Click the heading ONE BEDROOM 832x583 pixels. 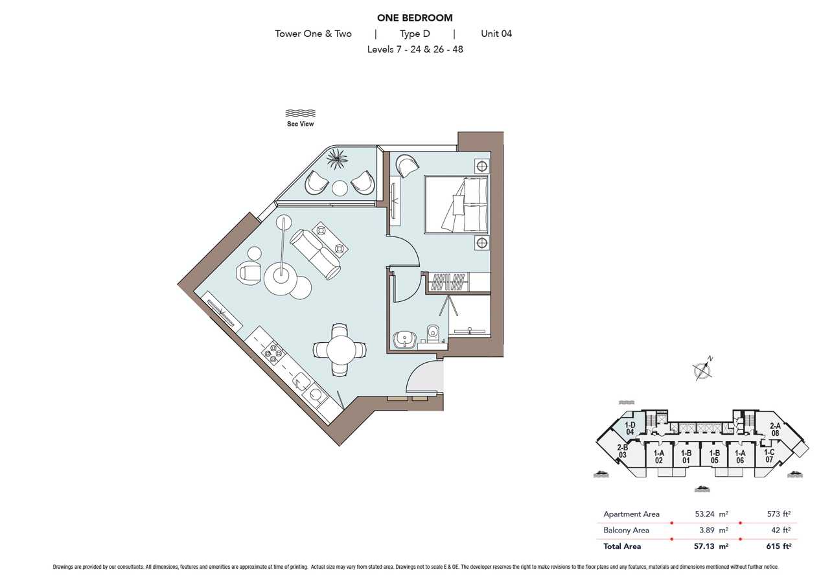point(415,18)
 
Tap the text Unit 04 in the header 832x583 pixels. point(496,34)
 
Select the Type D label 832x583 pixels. point(415,34)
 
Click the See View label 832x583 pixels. point(300,124)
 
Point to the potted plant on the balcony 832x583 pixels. point(337,159)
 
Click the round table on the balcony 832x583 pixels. point(340,188)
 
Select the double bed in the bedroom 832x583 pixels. point(456,205)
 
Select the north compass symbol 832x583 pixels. point(702,370)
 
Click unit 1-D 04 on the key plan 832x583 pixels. point(630,428)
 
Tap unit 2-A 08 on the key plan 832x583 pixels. point(775,429)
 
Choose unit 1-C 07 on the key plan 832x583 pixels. point(769,455)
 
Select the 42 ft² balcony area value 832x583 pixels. point(781,531)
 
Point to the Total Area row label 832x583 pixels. point(622,546)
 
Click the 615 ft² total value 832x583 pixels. point(778,546)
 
